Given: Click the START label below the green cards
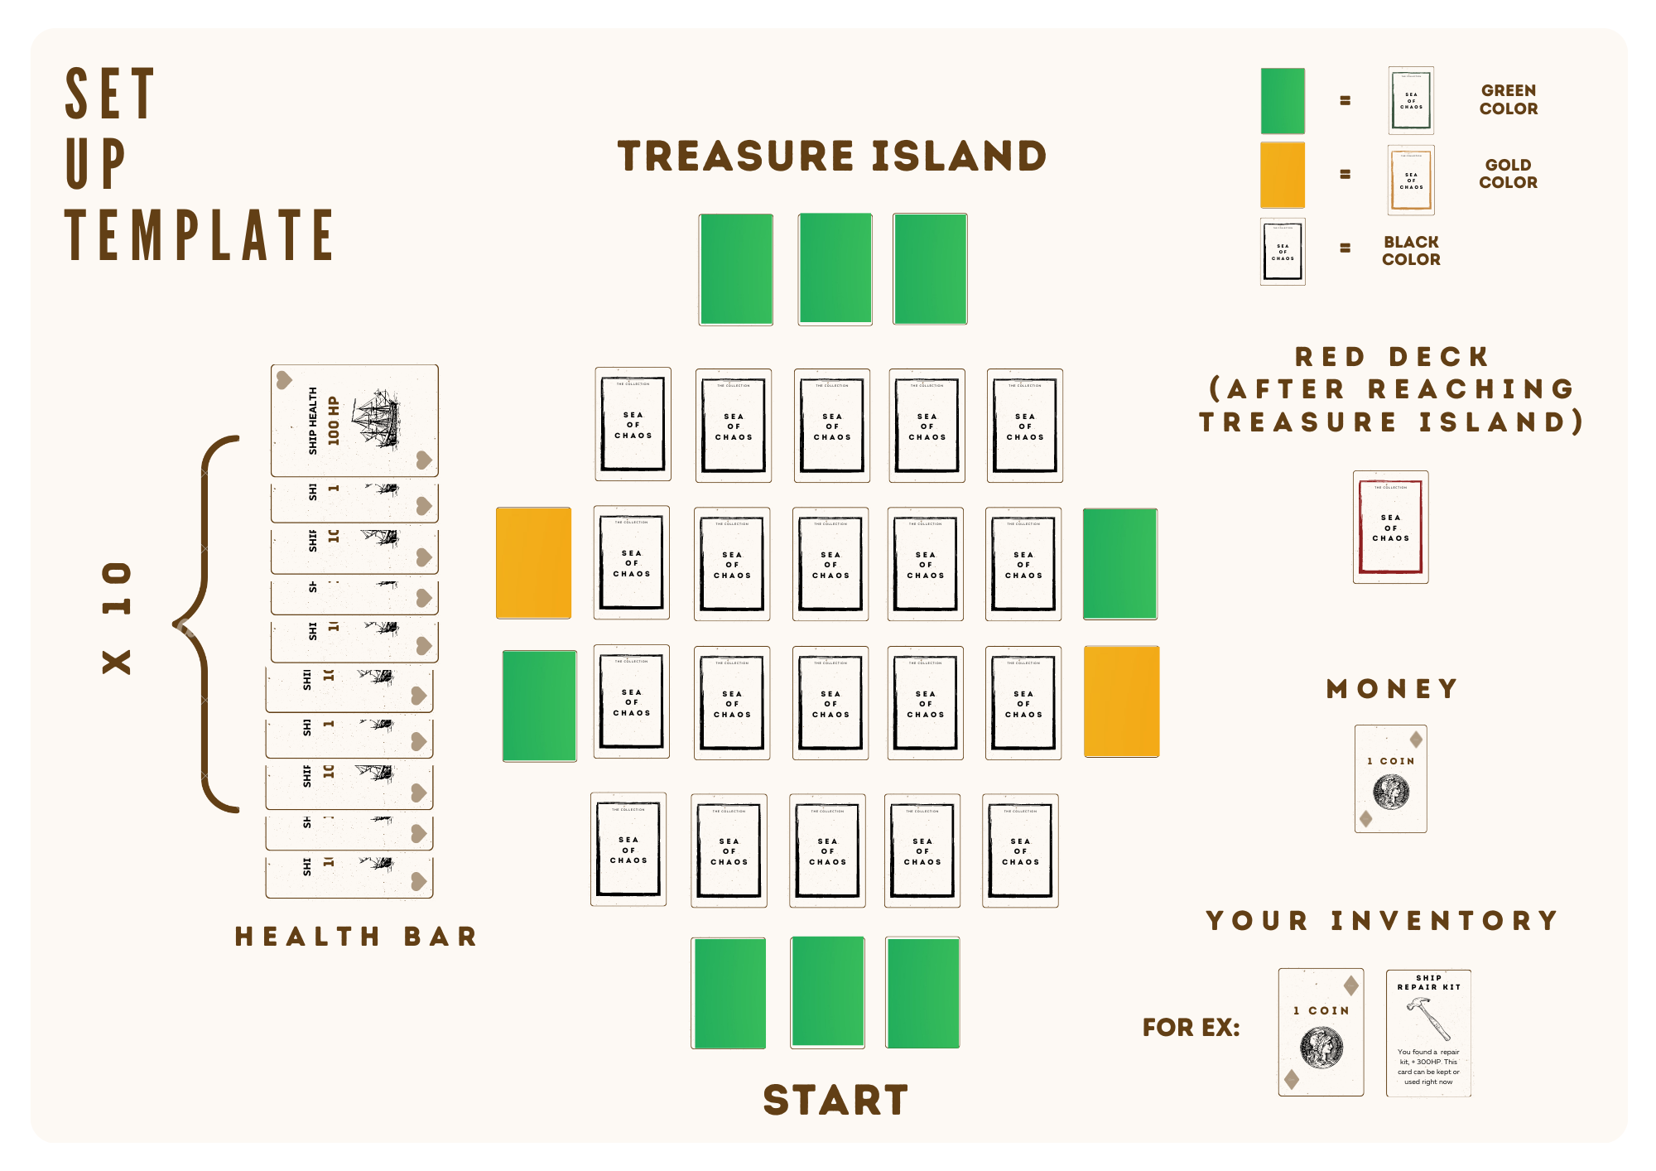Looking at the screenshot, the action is [x=835, y=1100].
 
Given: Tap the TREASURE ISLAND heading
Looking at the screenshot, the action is [x=832, y=157].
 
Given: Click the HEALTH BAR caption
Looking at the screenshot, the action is [x=357, y=937].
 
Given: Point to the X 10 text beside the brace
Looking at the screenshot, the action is [x=117, y=618].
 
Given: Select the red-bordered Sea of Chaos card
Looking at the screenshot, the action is [x=1390, y=527].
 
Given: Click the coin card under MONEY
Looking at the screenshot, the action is [x=1390, y=778].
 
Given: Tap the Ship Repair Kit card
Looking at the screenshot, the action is [x=1428, y=1033].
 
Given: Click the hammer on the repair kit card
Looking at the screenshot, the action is [x=1428, y=1018].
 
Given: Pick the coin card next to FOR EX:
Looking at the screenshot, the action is [x=1321, y=1033].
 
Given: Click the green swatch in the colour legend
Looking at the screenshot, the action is [x=1283, y=101].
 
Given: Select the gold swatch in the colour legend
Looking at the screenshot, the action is [x=1283, y=175].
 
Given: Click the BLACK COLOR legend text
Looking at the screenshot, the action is [x=1411, y=251].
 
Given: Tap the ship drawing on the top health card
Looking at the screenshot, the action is [x=377, y=418].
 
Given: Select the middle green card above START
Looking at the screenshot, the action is [x=828, y=992].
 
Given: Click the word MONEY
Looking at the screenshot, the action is [x=1392, y=689].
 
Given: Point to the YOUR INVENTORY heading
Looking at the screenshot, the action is [x=1382, y=921].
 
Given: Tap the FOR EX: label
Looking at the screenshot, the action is [x=1191, y=1028].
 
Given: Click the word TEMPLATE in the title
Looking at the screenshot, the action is [x=200, y=236].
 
